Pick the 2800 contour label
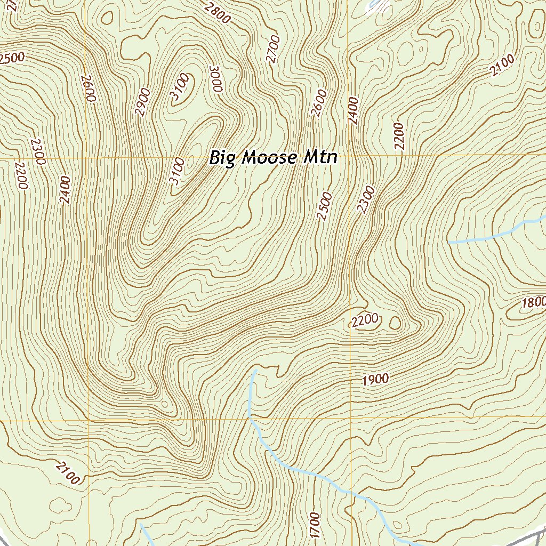coord(217,12)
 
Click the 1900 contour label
coord(375,380)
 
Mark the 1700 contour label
coord(314,525)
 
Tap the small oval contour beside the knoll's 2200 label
coord(396,323)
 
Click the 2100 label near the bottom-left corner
coord(67,472)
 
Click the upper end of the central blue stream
coord(255,370)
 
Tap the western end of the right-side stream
coord(449,243)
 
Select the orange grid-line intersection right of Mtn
coord(349,155)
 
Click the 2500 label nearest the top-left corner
coord(12,58)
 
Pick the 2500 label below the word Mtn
coord(324,207)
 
